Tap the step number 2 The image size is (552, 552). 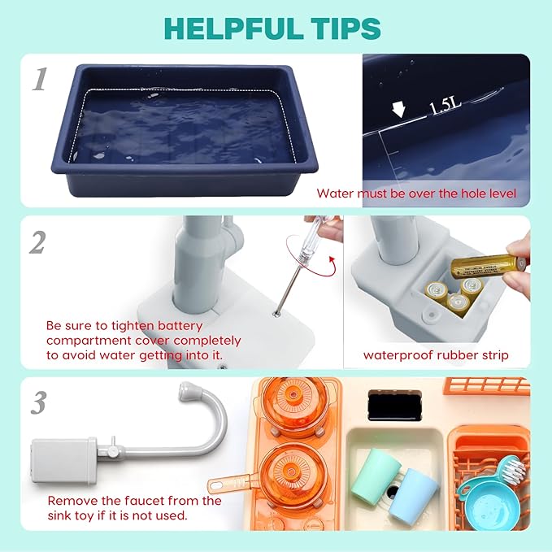[x=37, y=241]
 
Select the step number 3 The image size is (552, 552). [x=37, y=401]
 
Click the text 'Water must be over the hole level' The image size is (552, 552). [x=416, y=193]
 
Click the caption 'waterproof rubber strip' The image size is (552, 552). [x=437, y=354]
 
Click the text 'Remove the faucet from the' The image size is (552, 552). [x=134, y=501]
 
